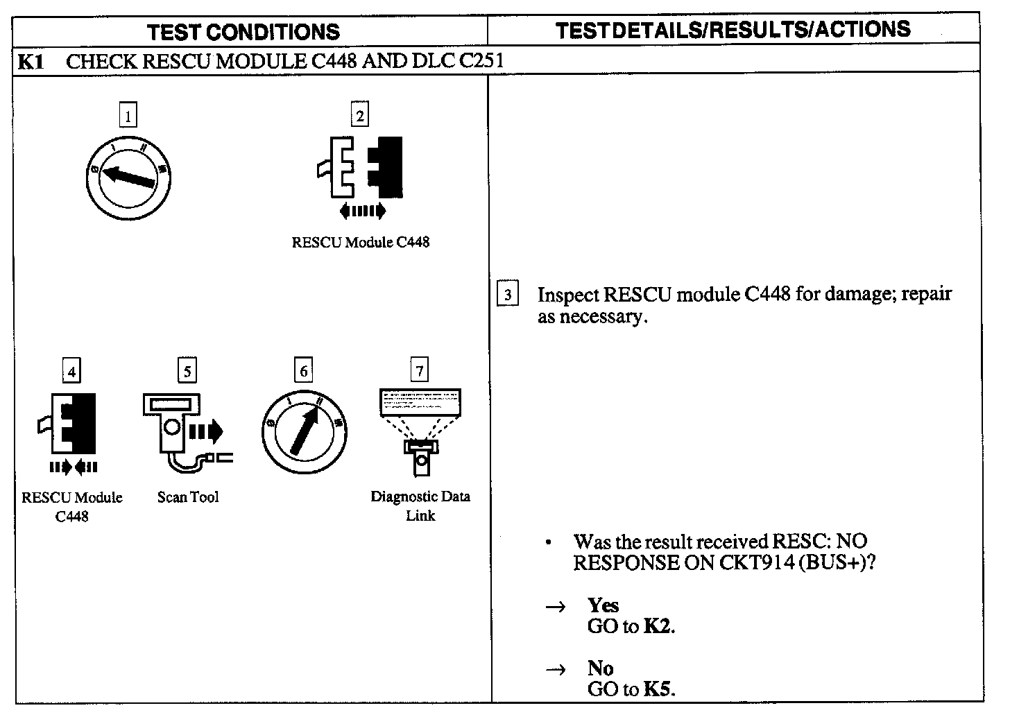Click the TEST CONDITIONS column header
pyautogui.click(x=244, y=32)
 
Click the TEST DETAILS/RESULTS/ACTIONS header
pyautogui.click(x=733, y=29)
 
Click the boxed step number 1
pyautogui.click(x=128, y=115)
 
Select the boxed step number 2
pyautogui.click(x=359, y=115)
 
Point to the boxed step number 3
pyautogui.click(x=508, y=295)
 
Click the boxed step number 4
pyautogui.click(x=71, y=372)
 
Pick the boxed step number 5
pyautogui.click(x=187, y=372)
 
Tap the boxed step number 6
pyautogui.click(x=303, y=372)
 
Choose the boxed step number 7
pyautogui.click(x=419, y=372)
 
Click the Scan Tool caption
pyautogui.click(x=187, y=497)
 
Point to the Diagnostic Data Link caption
pyautogui.click(x=420, y=506)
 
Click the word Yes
pyautogui.click(x=603, y=605)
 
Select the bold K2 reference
pyautogui.click(x=658, y=626)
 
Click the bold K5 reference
pyautogui.click(x=658, y=689)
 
